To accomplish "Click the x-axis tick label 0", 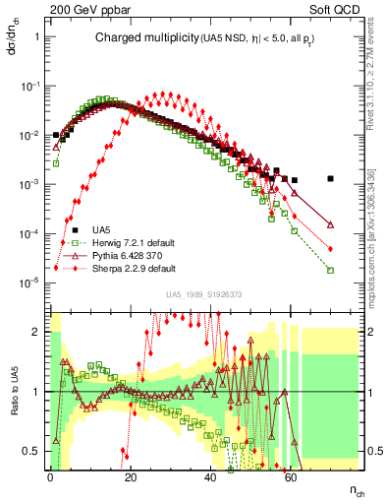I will click(x=50, y=475).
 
